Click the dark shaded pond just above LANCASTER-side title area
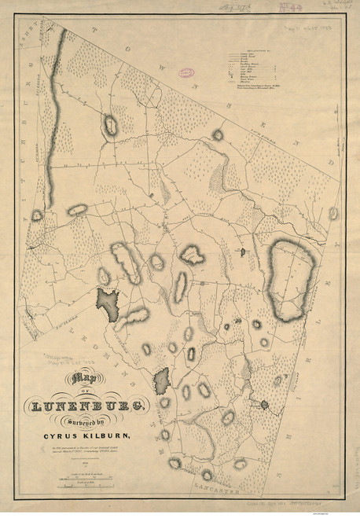pos(163,381)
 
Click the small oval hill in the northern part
pos(110,124)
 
